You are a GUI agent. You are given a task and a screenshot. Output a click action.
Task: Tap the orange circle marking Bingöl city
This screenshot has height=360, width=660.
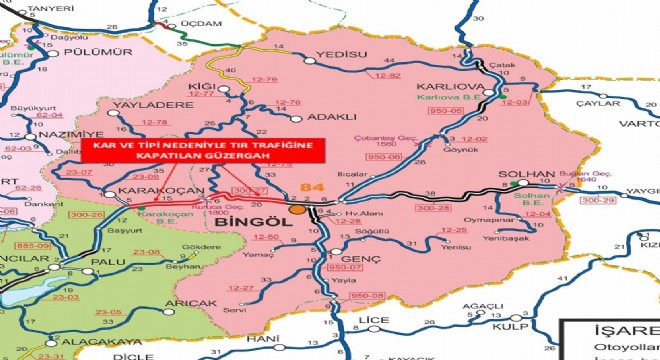coord(297,209)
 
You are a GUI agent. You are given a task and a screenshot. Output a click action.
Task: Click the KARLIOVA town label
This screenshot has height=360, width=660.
coord(457,86)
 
